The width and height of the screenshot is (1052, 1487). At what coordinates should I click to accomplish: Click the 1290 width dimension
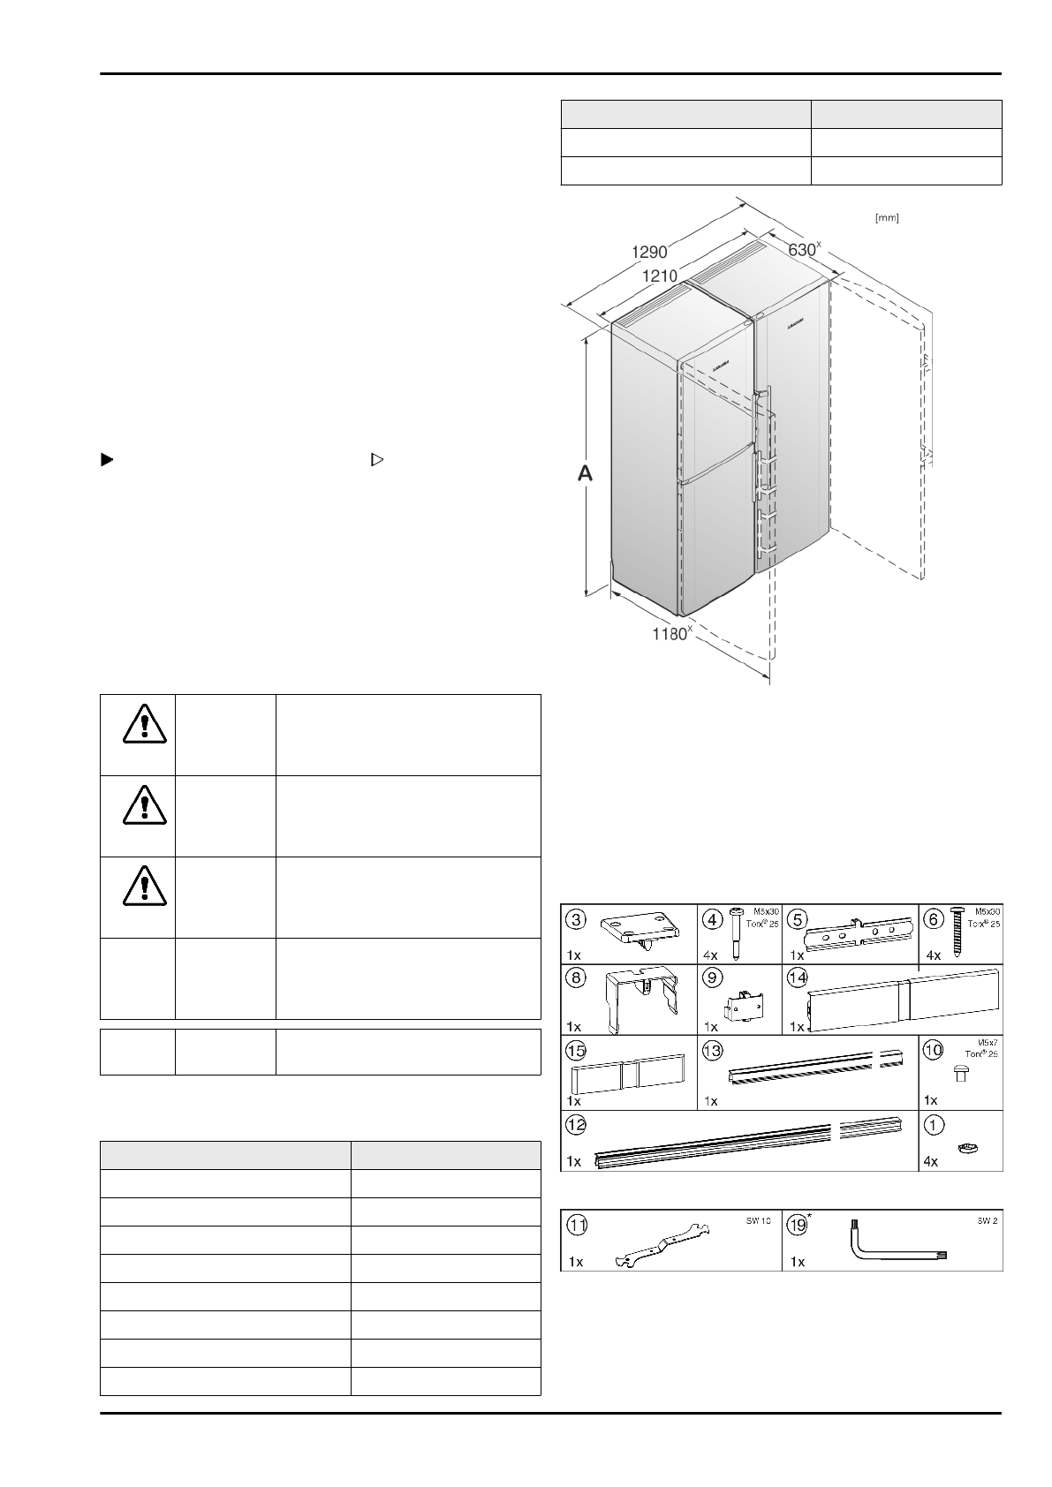coord(649,251)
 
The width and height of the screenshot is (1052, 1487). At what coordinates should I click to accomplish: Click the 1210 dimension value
coord(660,276)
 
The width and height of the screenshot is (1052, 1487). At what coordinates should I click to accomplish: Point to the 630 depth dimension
coord(803,250)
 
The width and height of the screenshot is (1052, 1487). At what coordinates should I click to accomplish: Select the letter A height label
coord(585,474)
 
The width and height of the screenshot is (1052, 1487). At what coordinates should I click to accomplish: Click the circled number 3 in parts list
coord(577,919)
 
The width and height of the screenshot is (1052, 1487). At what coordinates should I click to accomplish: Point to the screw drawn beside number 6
coord(957,929)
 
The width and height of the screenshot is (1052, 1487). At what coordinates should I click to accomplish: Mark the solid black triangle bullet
coord(106,459)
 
